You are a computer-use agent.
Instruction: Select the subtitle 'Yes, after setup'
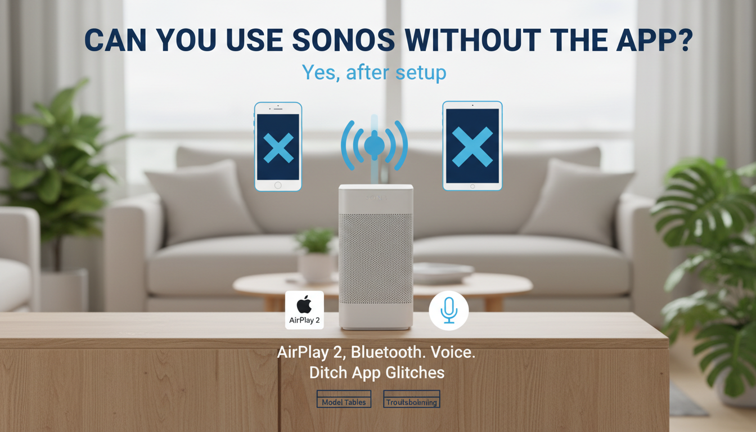tap(374, 72)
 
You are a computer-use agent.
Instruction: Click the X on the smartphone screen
tap(278, 148)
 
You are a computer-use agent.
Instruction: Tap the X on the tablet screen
tap(472, 146)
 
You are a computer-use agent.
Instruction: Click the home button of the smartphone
tap(278, 184)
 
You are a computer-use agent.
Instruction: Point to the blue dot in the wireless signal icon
tap(374, 146)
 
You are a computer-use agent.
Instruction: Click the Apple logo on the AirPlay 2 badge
tap(304, 305)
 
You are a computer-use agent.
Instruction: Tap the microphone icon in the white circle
tap(448, 310)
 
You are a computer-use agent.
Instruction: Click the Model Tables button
tap(344, 402)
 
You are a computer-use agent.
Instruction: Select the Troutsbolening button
tap(411, 402)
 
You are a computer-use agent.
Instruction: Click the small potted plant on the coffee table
tap(316, 254)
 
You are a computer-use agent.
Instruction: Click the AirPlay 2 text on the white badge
tap(304, 320)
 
